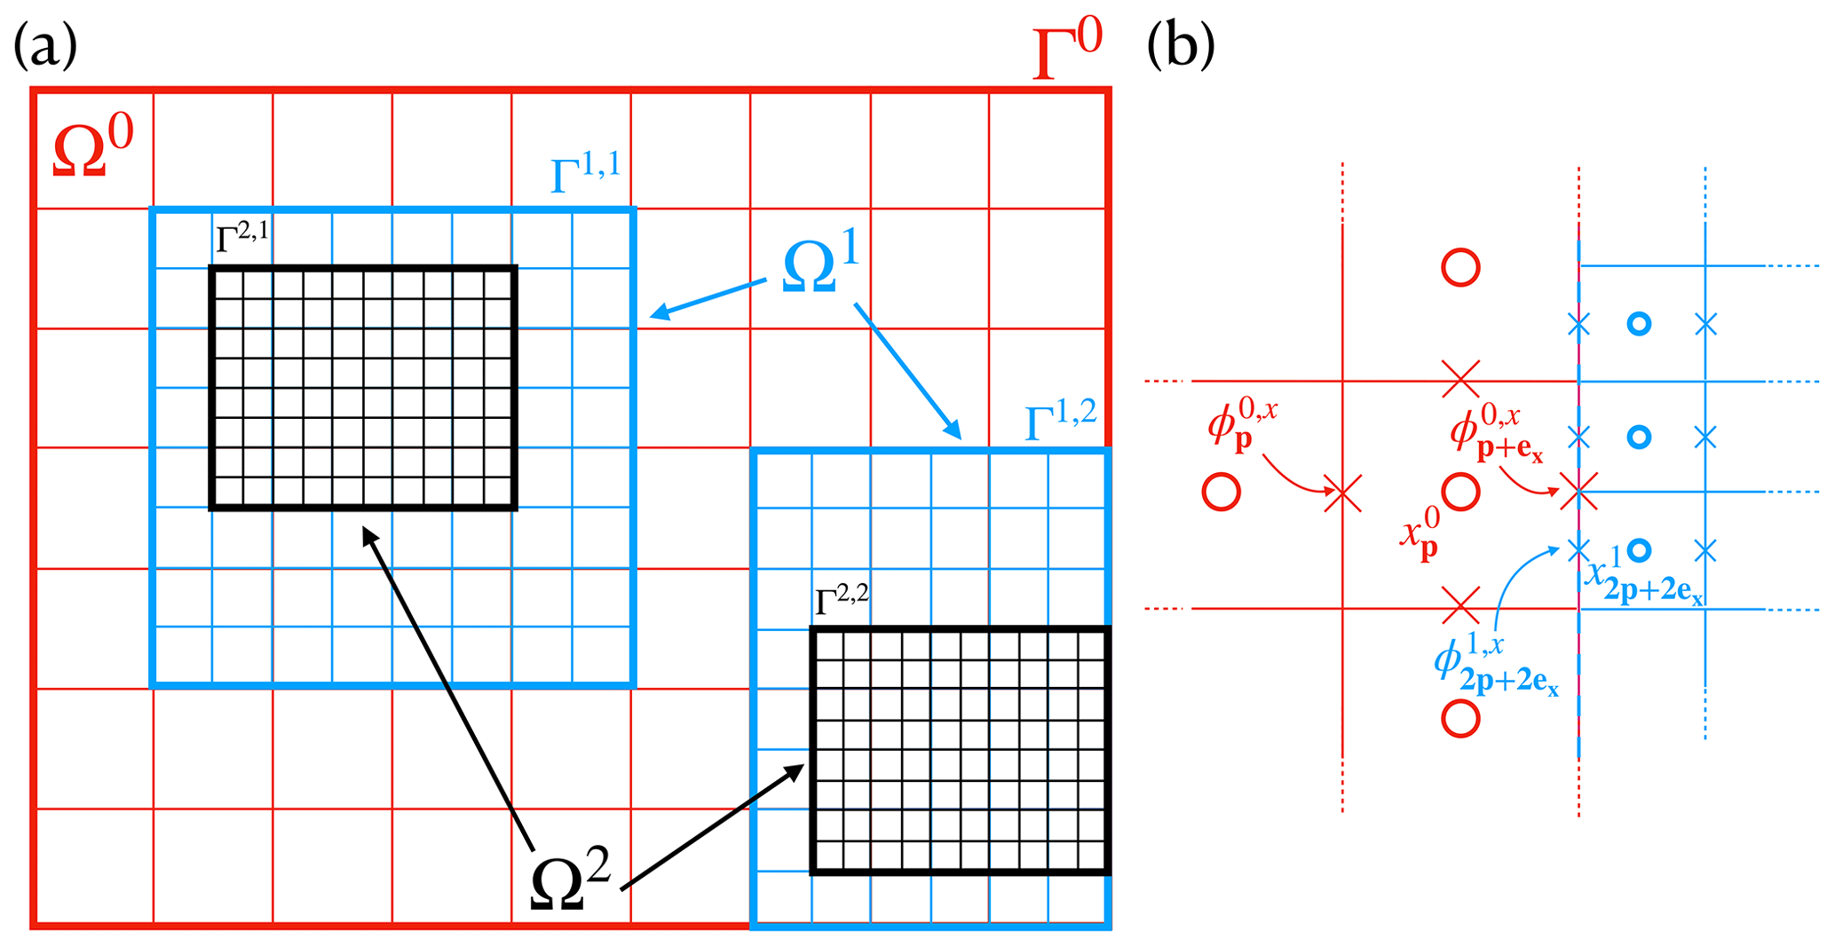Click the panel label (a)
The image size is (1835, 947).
coord(45,46)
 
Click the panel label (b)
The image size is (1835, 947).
coord(1181,46)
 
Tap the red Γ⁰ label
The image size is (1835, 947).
coord(1068,51)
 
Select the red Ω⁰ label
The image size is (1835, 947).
coord(92,147)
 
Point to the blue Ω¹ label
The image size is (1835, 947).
coord(821,267)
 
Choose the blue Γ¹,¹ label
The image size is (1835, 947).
coord(585,172)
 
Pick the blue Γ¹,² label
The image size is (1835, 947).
coord(1060,420)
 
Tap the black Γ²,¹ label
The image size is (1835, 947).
coord(241,238)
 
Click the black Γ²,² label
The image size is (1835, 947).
coord(842,600)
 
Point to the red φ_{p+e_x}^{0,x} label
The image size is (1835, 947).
coord(1496,435)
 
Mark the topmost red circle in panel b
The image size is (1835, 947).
coord(1460,267)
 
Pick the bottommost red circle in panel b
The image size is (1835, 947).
coord(1460,718)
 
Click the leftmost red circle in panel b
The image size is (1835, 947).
coord(1221,492)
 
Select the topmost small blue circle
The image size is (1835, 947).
coord(1639,324)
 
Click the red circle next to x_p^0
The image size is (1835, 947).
coord(1460,492)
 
